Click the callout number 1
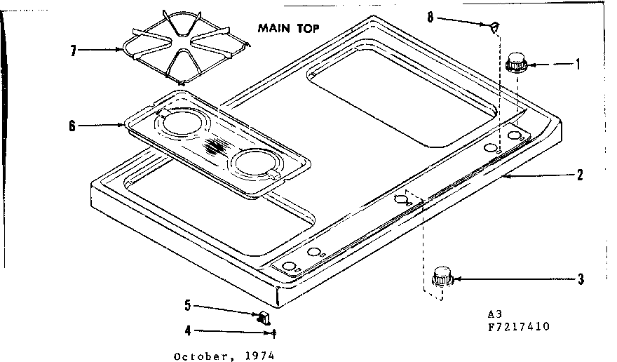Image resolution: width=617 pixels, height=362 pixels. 578,65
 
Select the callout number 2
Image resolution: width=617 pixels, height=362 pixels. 579,175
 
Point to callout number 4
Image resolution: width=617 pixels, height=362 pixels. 188,332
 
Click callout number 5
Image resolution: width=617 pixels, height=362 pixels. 188,306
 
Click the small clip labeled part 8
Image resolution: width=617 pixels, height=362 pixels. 494,26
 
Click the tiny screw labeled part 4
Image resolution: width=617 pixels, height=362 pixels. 274,333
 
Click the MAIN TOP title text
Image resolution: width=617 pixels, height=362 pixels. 289,29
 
